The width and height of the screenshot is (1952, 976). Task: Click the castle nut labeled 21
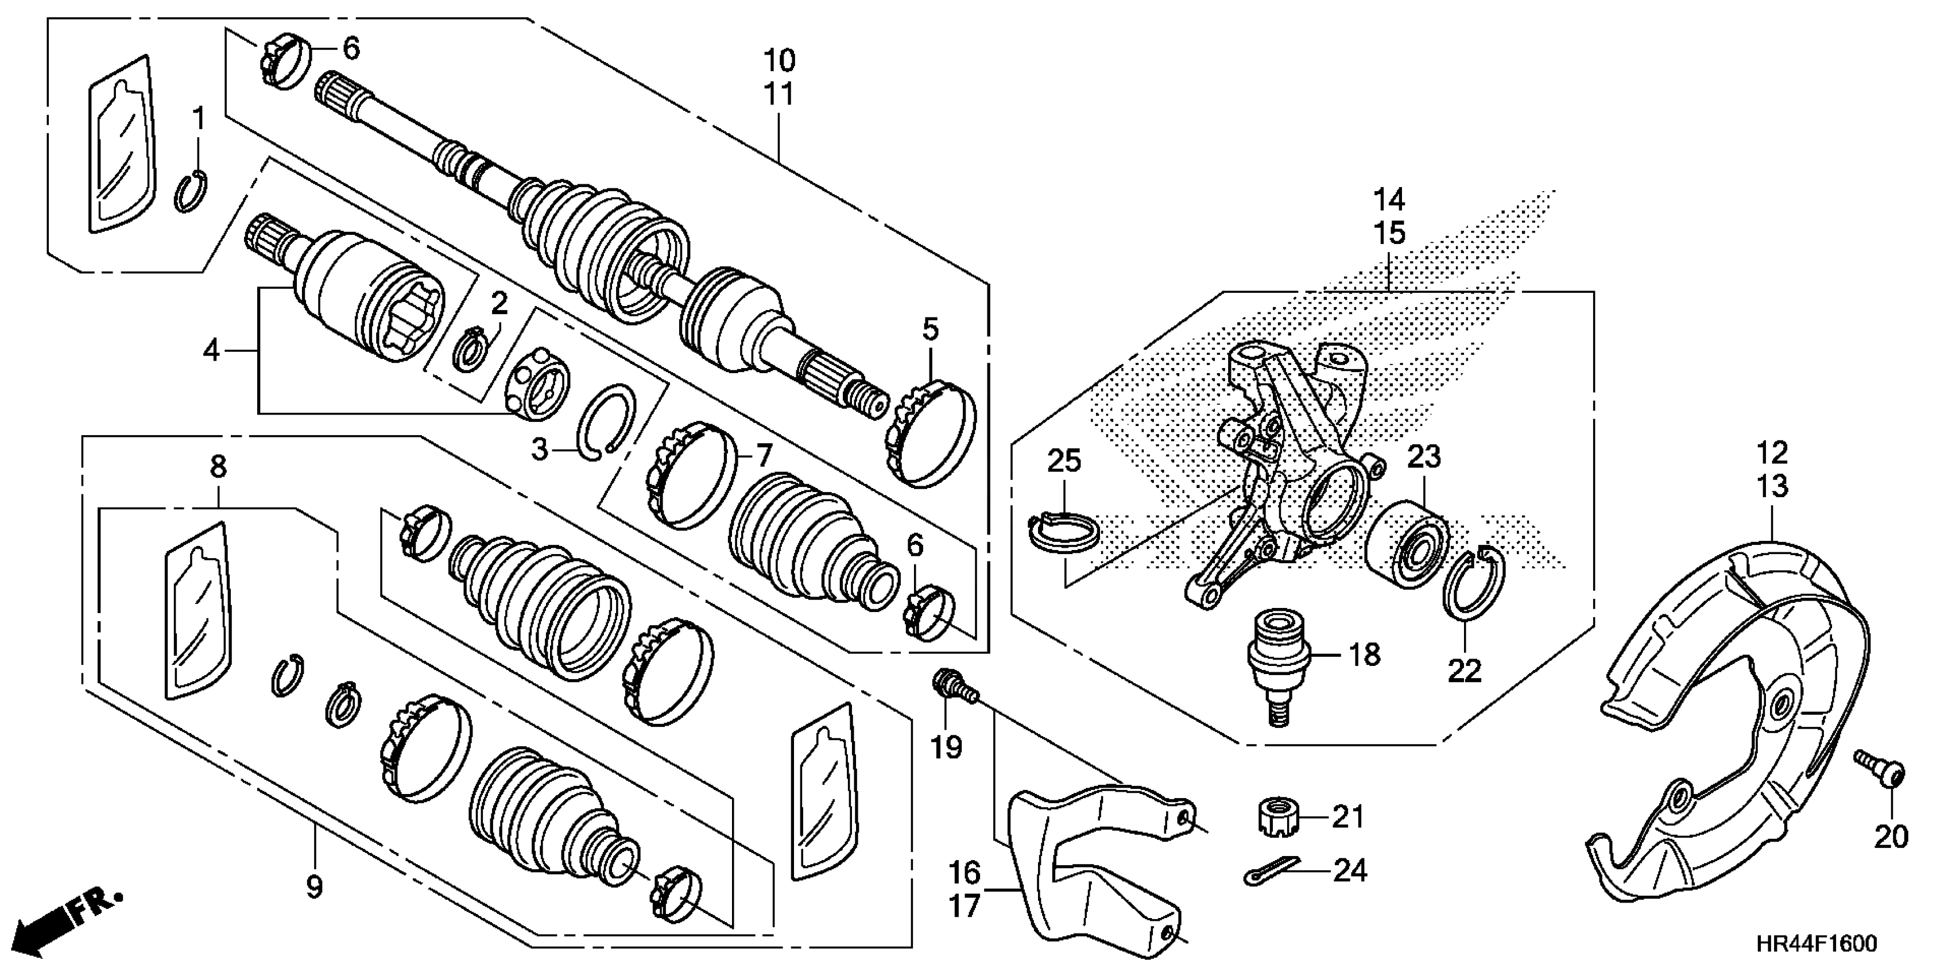pos(1277,816)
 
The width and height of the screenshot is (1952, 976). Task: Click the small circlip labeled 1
pos(192,192)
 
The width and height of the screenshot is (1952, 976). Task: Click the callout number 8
pos(218,466)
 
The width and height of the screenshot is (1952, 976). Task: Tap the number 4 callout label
pos(211,350)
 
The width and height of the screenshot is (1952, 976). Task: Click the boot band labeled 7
pos(692,475)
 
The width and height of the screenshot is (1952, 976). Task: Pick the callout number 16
pos(965,872)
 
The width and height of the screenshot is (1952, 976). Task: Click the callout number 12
pos(1772,452)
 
